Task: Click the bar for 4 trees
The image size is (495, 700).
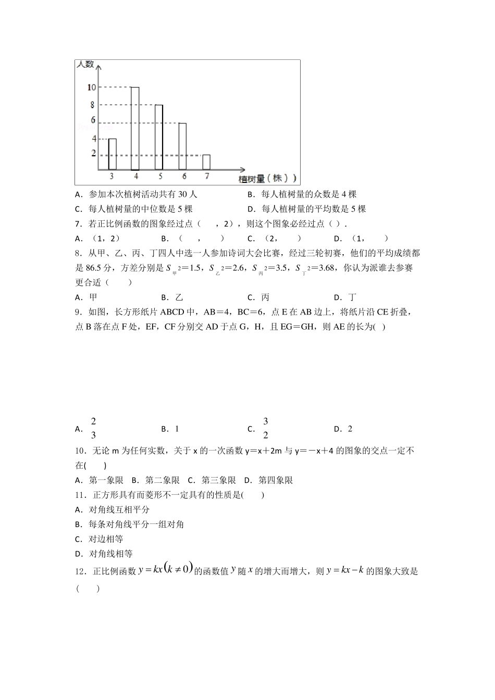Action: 135,129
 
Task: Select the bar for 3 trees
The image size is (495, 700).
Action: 112,154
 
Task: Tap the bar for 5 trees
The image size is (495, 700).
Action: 159,137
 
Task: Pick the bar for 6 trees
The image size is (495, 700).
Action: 182,146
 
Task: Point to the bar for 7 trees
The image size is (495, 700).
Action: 206,162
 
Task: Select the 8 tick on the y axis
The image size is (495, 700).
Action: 93,104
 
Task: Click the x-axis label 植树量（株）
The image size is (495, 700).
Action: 267,178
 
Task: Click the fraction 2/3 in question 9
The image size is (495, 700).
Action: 93,428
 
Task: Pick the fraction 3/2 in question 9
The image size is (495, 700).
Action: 265,428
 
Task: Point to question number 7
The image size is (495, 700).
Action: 79,223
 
